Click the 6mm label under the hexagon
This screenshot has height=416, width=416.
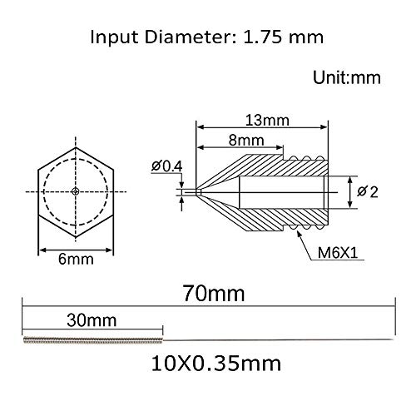pyautogui.click(x=76, y=260)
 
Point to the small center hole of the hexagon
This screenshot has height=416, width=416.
pyautogui.click(x=76, y=191)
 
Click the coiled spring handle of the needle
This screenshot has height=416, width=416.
pyautogui.click(x=92, y=339)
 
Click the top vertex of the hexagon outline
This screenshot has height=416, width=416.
pyautogui.click(x=76, y=146)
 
